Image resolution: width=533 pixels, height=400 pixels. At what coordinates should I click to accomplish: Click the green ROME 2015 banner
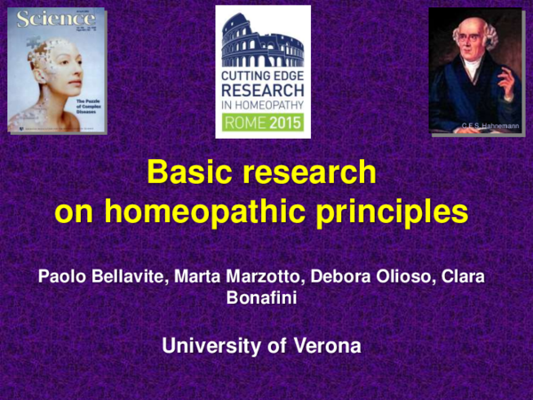(x=262, y=122)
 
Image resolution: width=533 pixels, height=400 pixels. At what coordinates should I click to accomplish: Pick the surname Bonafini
(x=262, y=300)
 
